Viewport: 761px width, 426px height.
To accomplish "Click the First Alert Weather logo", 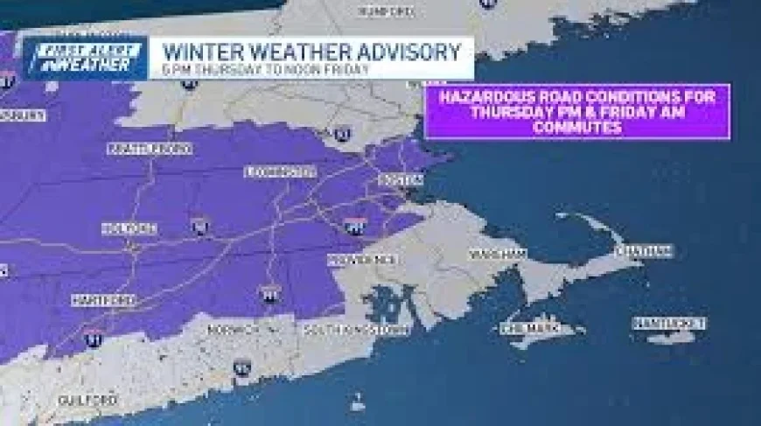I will [x=85, y=58].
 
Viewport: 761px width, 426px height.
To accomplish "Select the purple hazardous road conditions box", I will [x=576, y=111].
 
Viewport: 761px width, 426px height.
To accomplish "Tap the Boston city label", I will [x=400, y=179].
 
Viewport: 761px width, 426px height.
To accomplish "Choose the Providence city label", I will [x=362, y=259].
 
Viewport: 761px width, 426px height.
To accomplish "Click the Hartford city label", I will [x=103, y=300].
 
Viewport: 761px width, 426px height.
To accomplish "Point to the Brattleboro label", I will [x=149, y=149].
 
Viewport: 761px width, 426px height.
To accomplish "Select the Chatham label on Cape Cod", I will [x=643, y=251].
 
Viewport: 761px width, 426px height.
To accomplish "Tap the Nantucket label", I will [x=669, y=324].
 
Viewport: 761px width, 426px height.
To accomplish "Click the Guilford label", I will [x=87, y=400].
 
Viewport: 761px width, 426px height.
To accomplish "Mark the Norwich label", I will [x=233, y=329].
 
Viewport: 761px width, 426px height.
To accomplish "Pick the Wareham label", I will [x=497, y=254].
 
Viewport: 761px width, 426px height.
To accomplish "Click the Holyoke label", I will [x=129, y=229].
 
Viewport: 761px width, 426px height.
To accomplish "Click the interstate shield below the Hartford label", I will [x=93, y=337].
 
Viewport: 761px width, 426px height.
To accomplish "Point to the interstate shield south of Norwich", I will [x=242, y=367].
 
